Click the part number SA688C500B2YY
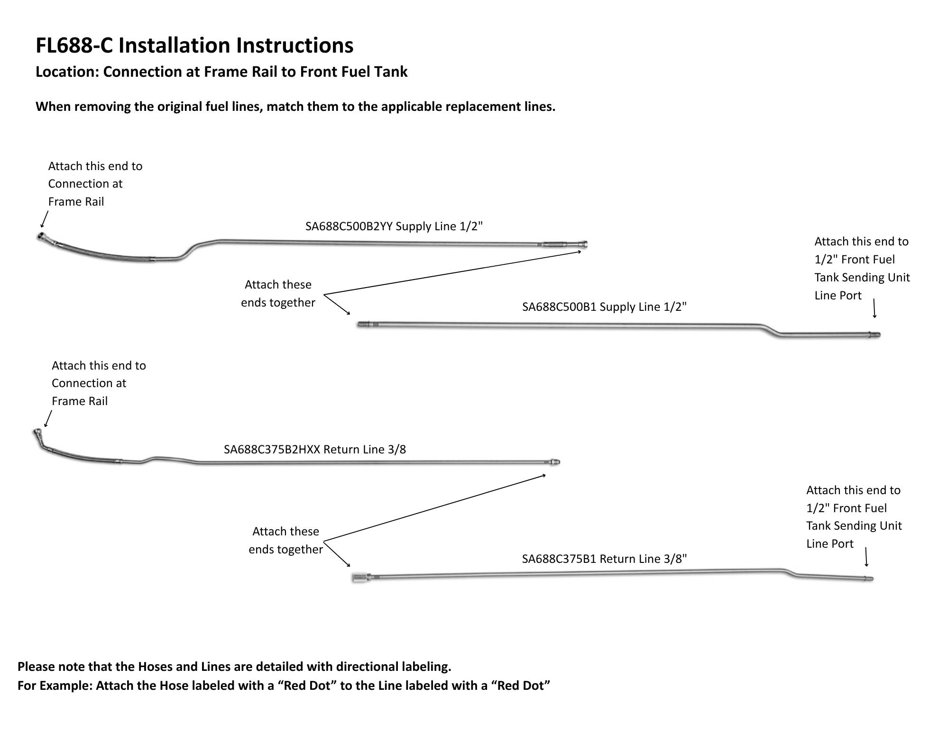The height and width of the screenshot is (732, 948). [x=349, y=226]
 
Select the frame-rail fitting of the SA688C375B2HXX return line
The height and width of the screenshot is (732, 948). [x=37, y=433]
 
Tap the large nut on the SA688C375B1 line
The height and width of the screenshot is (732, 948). [x=359, y=578]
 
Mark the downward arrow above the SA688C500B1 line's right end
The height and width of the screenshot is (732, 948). [x=874, y=308]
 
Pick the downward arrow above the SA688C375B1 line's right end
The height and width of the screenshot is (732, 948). [x=866, y=557]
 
